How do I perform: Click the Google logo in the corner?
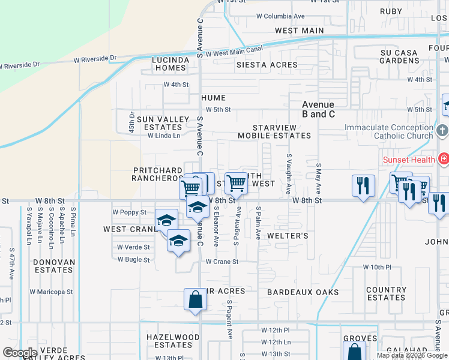[x=19, y=353]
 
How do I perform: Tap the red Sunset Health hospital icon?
[x=444, y=159]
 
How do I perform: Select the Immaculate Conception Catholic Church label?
[x=388, y=132]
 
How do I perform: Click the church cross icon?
[x=442, y=131]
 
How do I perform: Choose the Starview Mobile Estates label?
[x=274, y=131]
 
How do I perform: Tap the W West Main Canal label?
[x=235, y=53]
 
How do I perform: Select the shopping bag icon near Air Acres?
[x=196, y=299]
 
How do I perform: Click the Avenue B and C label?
[x=318, y=109]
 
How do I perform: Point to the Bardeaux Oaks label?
[x=303, y=292]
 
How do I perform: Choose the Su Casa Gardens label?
[x=399, y=57]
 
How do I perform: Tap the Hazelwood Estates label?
[x=173, y=341]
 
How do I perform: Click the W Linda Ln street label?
[x=164, y=136]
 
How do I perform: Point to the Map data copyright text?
[x=412, y=355]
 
